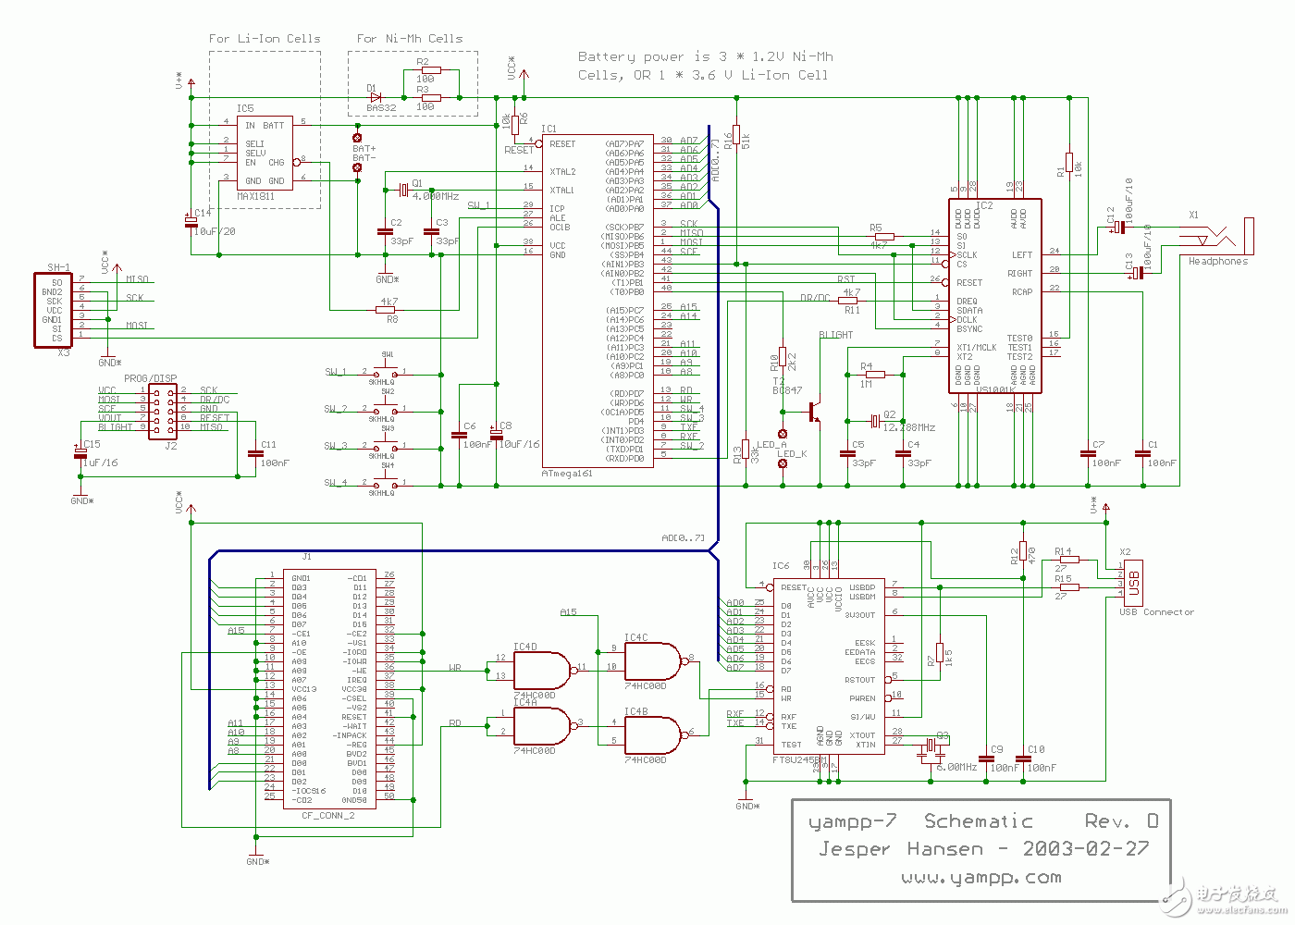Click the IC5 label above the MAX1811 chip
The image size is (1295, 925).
pos(244,109)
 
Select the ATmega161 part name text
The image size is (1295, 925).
pos(566,474)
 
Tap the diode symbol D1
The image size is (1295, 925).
pos(376,97)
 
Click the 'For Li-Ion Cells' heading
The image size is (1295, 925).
pos(265,39)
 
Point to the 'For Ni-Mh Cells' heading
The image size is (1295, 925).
pos(410,39)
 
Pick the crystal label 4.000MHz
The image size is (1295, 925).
pos(435,197)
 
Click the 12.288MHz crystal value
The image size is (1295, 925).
pos(908,427)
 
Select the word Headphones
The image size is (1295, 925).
pos(1217,262)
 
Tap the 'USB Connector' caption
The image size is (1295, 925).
pos(1156,612)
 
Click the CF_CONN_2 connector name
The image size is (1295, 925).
pos(327,816)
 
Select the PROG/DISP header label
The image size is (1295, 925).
pos(150,378)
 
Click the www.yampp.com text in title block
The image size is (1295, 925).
pos(980,877)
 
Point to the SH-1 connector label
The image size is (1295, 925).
pos(58,268)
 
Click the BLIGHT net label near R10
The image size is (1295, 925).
pos(835,335)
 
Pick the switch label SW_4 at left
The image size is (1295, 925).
pos(336,483)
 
